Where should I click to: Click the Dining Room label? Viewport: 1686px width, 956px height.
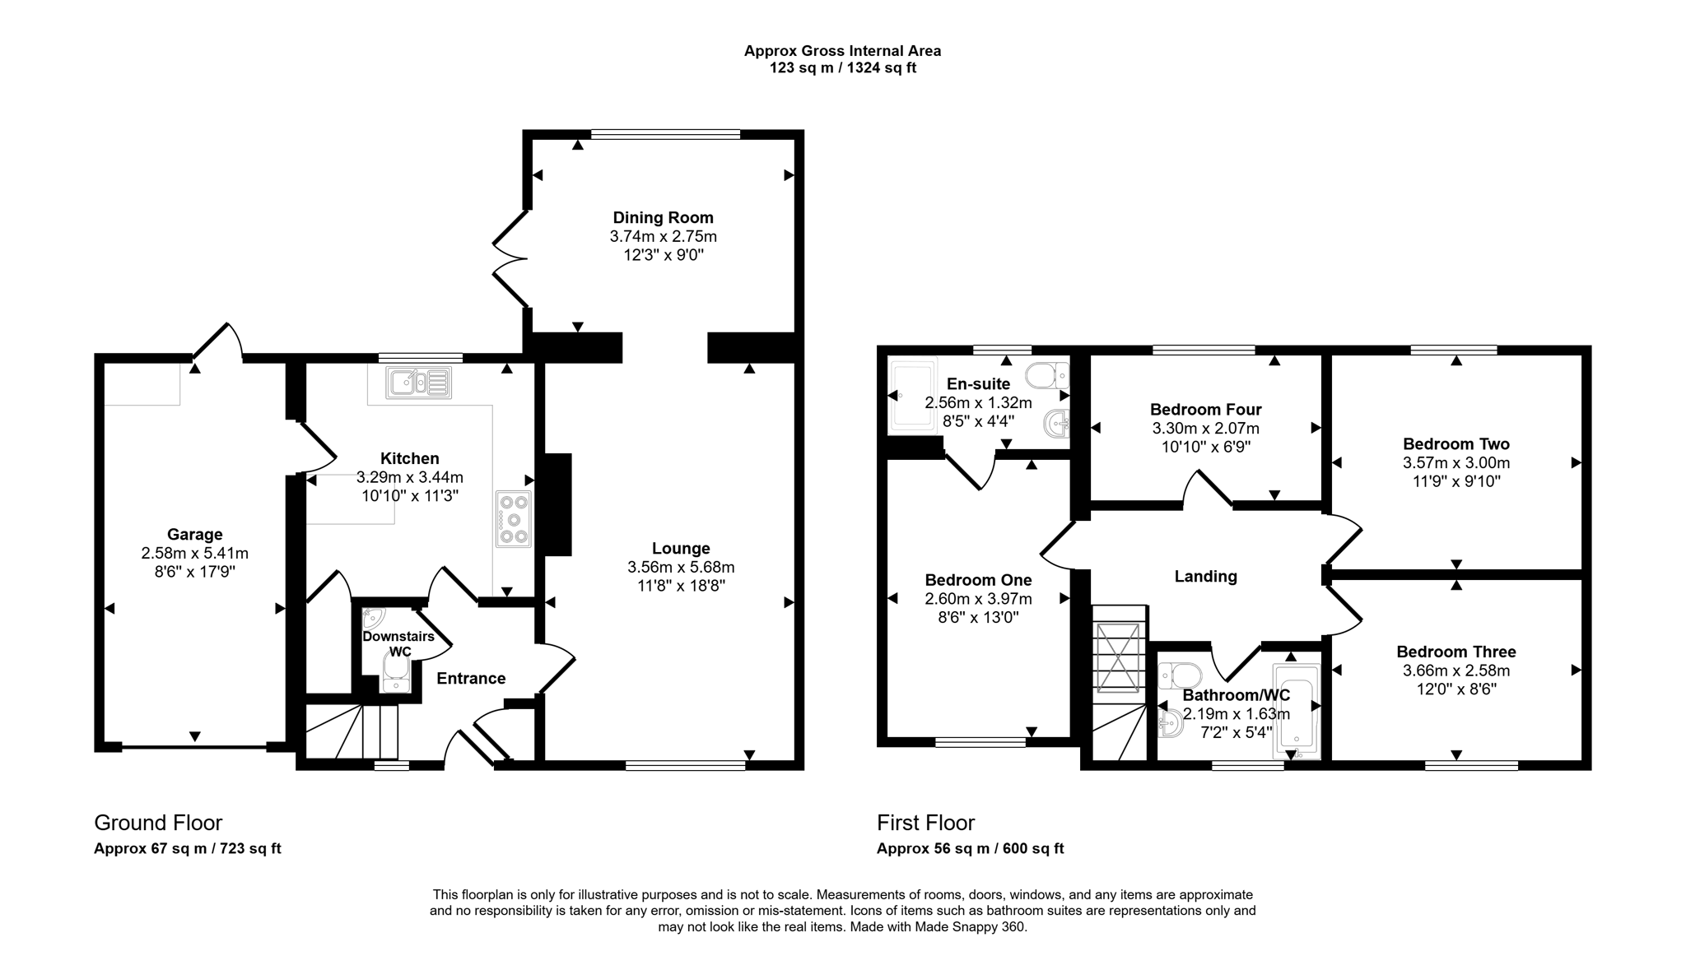(x=663, y=218)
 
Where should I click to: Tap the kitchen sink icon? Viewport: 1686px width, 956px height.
(x=419, y=383)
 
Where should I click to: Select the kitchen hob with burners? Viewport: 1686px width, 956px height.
(x=514, y=519)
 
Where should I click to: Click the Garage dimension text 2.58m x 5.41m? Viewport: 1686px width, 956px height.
(x=194, y=554)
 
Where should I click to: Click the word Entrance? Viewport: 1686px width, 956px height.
(x=471, y=679)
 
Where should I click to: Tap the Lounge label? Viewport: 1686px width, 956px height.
(x=681, y=549)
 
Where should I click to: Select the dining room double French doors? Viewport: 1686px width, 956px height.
(x=509, y=259)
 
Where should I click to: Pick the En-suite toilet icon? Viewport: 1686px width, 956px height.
(x=1047, y=376)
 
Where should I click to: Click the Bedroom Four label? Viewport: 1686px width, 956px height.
(x=1205, y=410)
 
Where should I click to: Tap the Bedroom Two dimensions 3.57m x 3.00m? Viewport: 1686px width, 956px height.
(x=1455, y=463)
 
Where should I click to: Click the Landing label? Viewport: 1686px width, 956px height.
(x=1205, y=577)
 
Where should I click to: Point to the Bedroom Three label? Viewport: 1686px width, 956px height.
(x=1455, y=652)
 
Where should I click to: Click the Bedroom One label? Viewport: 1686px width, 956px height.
(x=978, y=580)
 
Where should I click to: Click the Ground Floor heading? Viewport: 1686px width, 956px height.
(x=158, y=823)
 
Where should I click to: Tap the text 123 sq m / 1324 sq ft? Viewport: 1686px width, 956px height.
(x=842, y=68)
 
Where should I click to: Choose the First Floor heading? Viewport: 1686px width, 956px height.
(x=925, y=823)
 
